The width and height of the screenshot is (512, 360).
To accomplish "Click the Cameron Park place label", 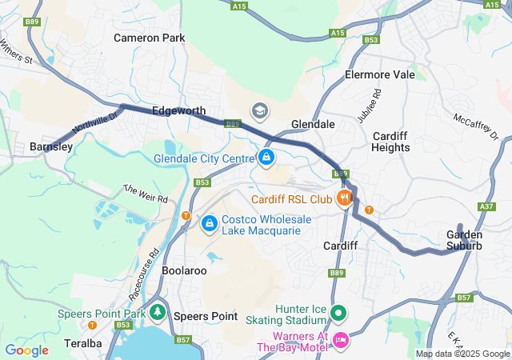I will point(149,38).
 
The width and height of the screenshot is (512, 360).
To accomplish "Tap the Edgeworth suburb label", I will point(178,111).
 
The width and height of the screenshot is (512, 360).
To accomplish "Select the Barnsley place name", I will point(51,147).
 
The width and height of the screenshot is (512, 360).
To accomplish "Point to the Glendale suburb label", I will point(313,125).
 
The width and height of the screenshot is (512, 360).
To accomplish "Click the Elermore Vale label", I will point(379,74).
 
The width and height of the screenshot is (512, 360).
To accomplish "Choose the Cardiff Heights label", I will point(391,142).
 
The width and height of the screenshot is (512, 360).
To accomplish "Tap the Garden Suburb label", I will point(464,240).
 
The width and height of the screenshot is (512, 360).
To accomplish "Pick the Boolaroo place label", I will point(184,271).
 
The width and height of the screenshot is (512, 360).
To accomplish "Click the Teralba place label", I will point(80,343).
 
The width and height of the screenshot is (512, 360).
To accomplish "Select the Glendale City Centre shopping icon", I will point(266,157).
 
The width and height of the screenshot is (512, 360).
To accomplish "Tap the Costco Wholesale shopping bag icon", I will point(209,222).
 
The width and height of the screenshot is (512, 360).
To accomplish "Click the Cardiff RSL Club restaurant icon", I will point(345,198).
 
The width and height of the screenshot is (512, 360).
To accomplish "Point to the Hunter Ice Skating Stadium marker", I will point(338,313).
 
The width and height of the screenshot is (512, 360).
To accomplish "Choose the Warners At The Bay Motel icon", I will point(340,341).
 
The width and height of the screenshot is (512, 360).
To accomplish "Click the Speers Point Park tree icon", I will point(159,311).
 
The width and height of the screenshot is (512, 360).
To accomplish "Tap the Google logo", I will point(26,350).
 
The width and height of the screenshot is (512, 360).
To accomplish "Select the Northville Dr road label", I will point(94,122).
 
